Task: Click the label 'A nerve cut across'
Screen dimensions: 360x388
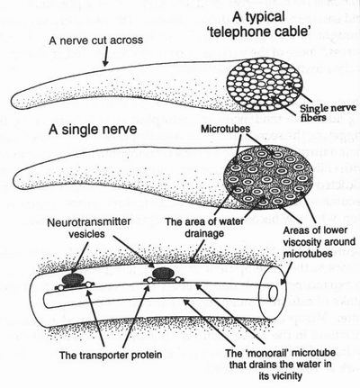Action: click(96, 41)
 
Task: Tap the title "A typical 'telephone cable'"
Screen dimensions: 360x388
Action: click(258, 23)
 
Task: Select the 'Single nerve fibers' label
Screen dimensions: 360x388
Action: click(328, 113)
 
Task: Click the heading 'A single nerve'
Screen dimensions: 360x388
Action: click(93, 130)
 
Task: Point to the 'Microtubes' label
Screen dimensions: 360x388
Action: click(225, 129)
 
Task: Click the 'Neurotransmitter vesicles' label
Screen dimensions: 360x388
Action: click(89, 228)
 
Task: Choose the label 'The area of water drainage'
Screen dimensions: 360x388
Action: click(205, 227)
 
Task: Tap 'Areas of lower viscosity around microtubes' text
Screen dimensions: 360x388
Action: click(319, 241)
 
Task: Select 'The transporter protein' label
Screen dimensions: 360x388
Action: click(111, 355)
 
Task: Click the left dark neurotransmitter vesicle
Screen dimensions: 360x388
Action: click(74, 279)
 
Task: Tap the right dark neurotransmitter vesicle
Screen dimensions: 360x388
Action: click(163, 273)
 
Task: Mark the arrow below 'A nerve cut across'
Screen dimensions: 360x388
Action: click(105, 57)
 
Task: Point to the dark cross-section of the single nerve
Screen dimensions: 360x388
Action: click(268, 177)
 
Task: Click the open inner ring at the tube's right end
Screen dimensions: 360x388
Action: click(273, 293)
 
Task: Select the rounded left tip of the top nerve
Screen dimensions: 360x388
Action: click(13, 101)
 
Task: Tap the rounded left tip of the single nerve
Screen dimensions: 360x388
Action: click(15, 175)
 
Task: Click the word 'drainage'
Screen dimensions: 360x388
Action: click(204, 233)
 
